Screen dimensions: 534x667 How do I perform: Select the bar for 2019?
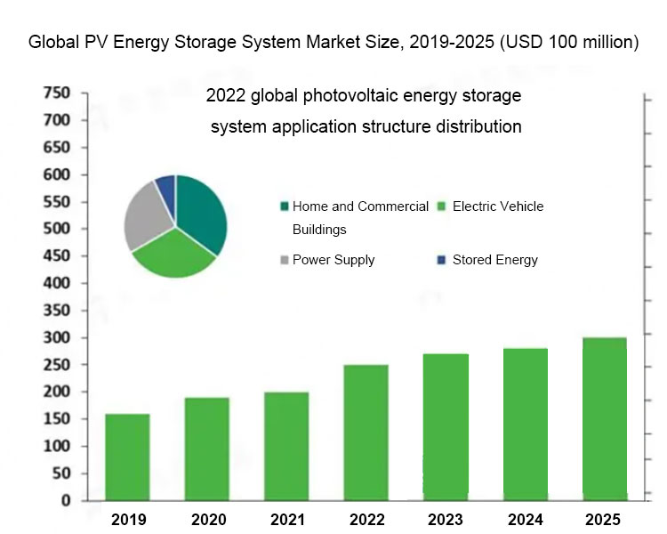pyautogui.click(x=127, y=457)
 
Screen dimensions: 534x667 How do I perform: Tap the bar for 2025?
pyautogui.click(x=604, y=418)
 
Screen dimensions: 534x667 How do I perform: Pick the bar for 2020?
pyautogui.click(x=206, y=449)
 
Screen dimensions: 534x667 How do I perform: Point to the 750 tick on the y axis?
pyautogui.click(x=56, y=93)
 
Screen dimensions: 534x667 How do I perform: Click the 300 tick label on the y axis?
pyautogui.click(x=56, y=338)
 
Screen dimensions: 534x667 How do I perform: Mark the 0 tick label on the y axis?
pyautogui.click(x=65, y=501)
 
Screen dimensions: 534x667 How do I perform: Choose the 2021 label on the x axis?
pyautogui.click(x=285, y=520)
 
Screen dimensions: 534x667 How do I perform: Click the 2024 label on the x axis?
pyautogui.click(x=525, y=520)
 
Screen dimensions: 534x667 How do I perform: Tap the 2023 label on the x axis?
pyautogui.click(x=445, y=520)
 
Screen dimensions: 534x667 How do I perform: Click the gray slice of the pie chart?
pyautogui.click(x=144, y=218)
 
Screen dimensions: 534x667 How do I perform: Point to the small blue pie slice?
pyautogui.click(x=165, y=185)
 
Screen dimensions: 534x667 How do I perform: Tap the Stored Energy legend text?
pyautogui.click(x=494, y=260)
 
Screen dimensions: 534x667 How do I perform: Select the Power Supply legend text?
pyautogui.click(x=333, y=260)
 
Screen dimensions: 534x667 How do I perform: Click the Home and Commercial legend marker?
pyautogui.click(x=284, y=206)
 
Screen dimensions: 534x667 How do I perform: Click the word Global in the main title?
pyautogui.click(x=52, y=42)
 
